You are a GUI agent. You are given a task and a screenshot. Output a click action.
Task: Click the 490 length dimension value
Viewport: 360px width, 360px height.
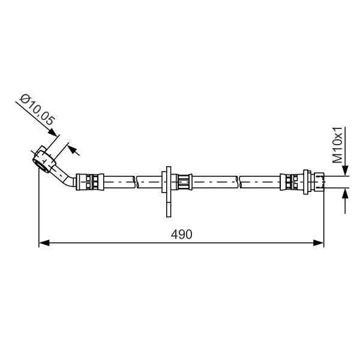click(x=181, y=235)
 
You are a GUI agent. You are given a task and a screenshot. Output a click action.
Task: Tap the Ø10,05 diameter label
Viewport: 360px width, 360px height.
click(x=37, y=110)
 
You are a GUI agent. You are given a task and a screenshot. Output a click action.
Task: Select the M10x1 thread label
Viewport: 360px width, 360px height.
click(x=337, y=145)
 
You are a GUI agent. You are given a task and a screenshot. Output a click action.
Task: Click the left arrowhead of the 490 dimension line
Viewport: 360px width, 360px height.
click(x=44, y=242)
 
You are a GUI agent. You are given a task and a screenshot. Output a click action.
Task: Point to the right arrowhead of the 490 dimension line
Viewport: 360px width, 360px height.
click(x=319, y=242)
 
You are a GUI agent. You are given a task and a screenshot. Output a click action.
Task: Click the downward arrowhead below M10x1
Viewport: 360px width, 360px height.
click(x=345, y=170)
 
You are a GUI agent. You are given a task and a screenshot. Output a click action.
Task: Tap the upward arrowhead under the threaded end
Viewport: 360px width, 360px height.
click(x=345, y=193)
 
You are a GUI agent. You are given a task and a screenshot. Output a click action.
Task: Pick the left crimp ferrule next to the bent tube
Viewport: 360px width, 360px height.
click(x=90, y=182)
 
